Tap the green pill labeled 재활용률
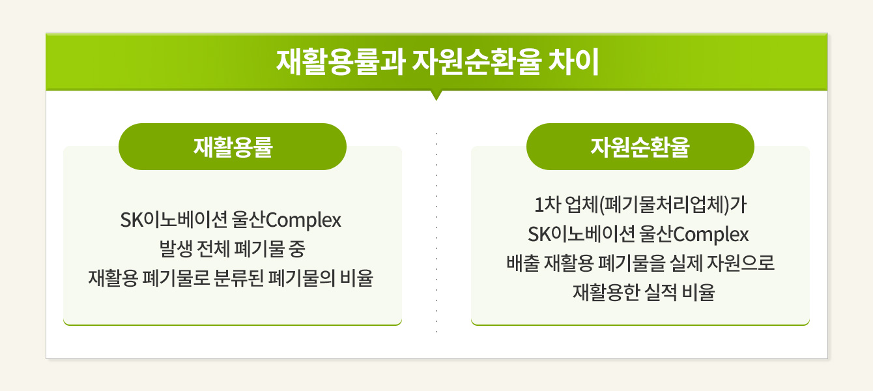[x=233, y=147]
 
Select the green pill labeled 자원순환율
[x=640, y=147]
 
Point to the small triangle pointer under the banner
[x=436, y=96]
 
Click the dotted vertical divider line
[x=436, y=233]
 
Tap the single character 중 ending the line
[x=296, y=249]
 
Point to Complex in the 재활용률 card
[x=303, y=220]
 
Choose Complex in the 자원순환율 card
[x=711, y=235]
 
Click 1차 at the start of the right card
[x=547, y=205]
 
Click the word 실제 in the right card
[x=686, y=263]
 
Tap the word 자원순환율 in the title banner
[x=477, y=62]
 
